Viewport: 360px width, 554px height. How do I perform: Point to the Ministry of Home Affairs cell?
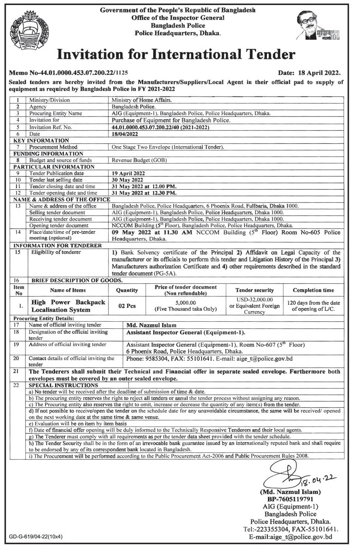click(140, 100)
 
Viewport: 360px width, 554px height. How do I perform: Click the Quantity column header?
click(127, 290)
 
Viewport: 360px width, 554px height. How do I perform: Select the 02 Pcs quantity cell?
click(127, 305)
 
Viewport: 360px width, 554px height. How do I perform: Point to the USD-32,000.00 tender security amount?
click(254, 300)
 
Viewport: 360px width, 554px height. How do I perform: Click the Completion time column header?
click(313, 290)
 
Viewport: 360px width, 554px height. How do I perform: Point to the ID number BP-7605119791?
click(290, 498)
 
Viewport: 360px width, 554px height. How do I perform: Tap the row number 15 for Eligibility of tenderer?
click(18, 252)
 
